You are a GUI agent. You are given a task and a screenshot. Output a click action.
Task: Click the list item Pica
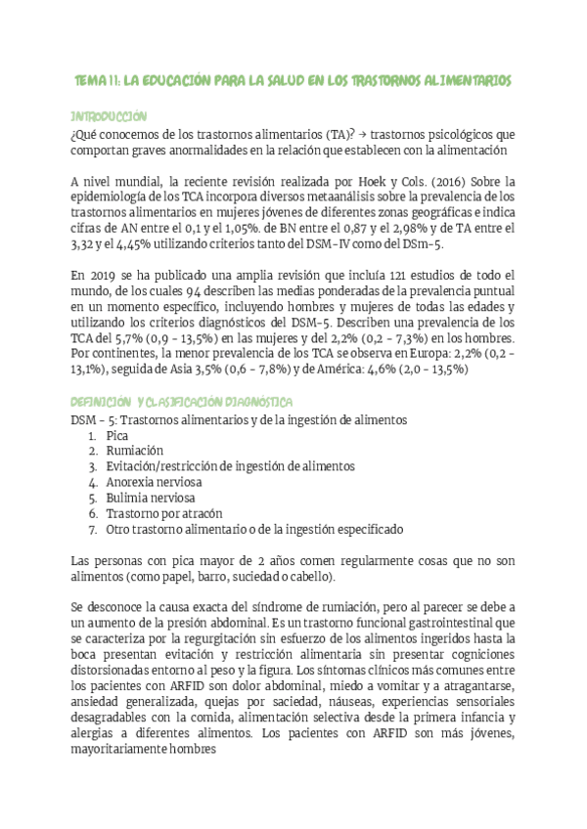pyautogui.click(x=118, y=435)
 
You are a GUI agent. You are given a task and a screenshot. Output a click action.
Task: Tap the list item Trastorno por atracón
pyautogui.click(x=165, y=513)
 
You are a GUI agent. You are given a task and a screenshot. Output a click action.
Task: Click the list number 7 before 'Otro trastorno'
pyautogui.click(x=90, y=529)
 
